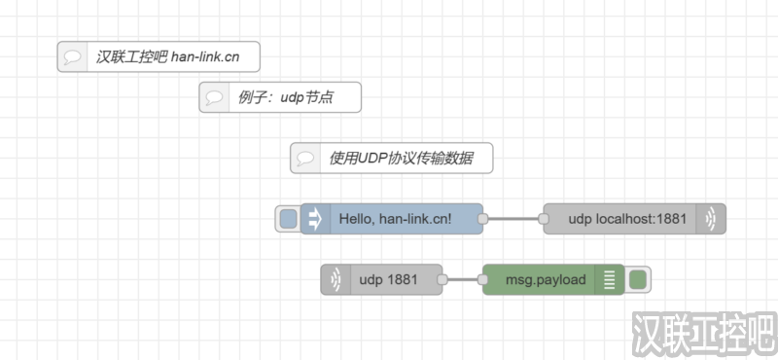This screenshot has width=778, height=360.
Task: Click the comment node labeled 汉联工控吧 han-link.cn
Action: pos(165,56)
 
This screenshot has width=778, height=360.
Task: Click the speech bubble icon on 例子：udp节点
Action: pos(214,97)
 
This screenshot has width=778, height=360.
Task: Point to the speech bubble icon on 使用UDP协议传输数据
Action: pos(305,158)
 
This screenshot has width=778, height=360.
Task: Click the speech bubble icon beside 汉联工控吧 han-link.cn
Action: pos(72,56)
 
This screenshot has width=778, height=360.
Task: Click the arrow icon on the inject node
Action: pos(315,219)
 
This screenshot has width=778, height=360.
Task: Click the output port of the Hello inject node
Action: pos(483,219)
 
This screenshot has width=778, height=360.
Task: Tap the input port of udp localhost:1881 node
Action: pos(542,219)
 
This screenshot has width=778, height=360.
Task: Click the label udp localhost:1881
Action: pos(627,219)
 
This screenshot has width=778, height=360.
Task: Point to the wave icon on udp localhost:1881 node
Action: pos(711,219)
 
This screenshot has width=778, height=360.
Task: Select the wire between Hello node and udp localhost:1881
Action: pos(513,219)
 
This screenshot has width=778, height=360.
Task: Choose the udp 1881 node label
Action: pos(388,280)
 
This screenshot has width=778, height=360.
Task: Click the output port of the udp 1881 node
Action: pos(442,280)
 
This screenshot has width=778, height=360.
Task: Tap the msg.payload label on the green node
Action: pos(546,280)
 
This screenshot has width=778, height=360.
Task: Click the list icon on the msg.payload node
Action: pos(610,280)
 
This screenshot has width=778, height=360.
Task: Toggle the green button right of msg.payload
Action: pos(638,280)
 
